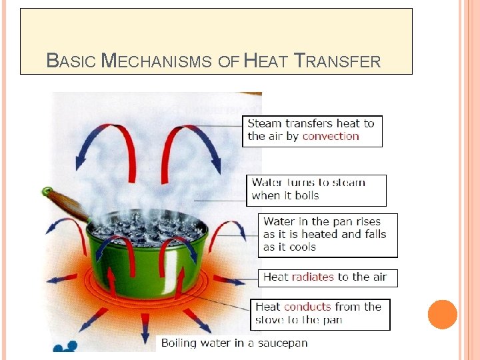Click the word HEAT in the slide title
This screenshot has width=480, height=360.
[267, 62]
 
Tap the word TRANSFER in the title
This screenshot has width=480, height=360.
[338, 62]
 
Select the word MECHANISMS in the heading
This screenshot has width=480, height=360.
[157, 62]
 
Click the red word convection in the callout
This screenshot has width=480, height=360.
[331, 136]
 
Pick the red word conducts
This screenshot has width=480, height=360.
[307, 307]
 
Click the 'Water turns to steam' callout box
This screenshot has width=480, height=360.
[316, 190]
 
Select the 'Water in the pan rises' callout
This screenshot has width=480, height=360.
[327, 235]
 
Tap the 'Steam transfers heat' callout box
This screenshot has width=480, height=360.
[312, 131]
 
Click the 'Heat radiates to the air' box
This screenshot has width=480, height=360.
[327, 277]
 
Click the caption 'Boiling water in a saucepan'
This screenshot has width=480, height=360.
[234, 343]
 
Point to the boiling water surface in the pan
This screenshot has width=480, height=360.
[147, 227]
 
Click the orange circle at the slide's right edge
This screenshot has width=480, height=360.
[442, 315]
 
